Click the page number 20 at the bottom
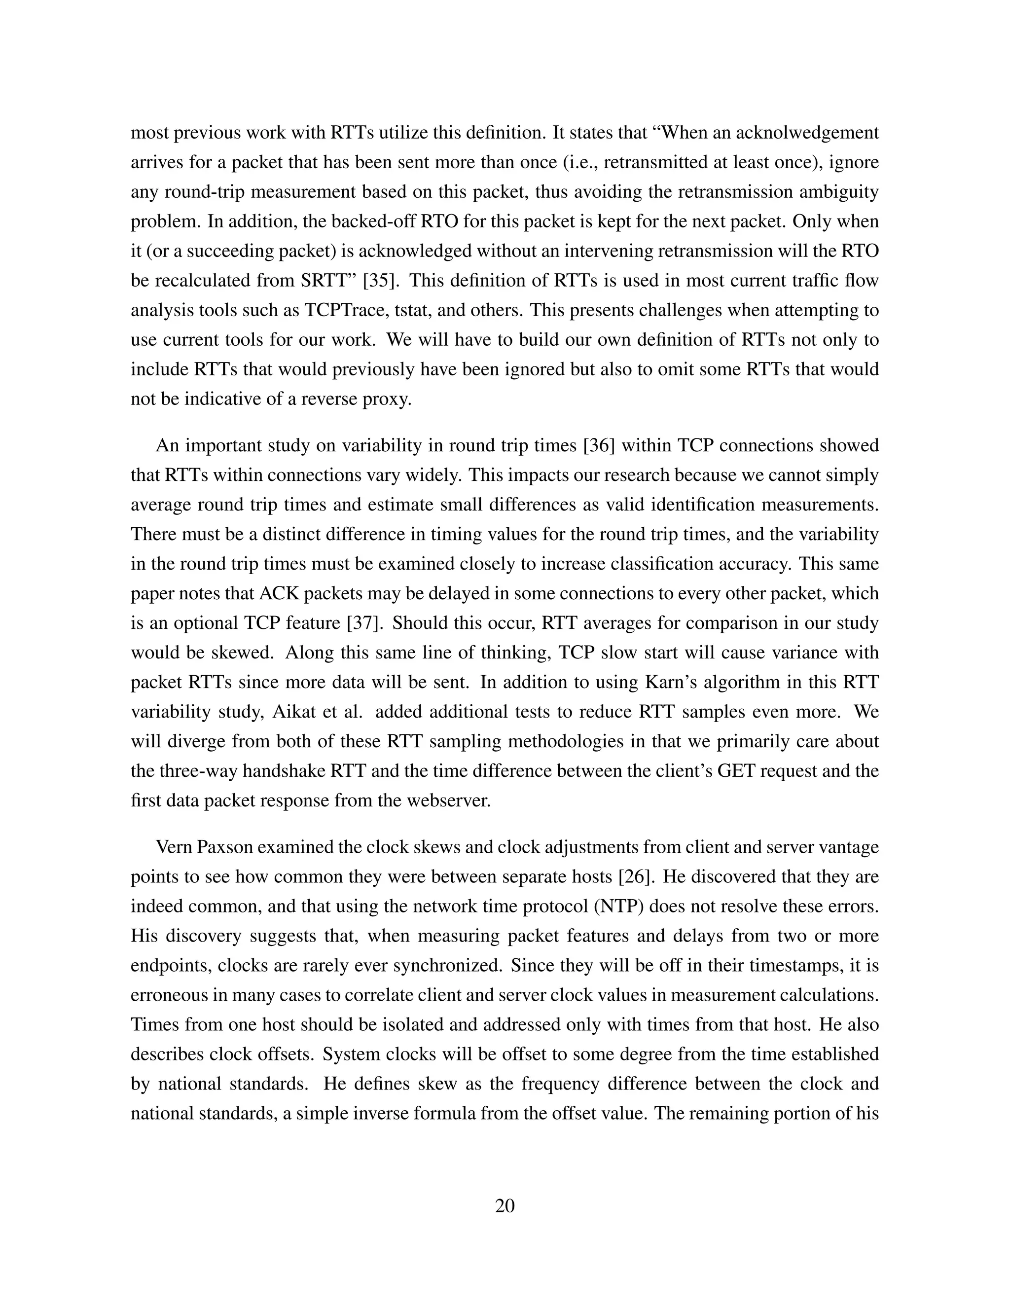coord(505,1206)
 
